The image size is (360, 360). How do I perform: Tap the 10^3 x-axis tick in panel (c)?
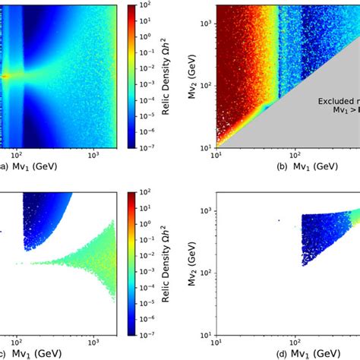pyautogui.click(x=93, y=342)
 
